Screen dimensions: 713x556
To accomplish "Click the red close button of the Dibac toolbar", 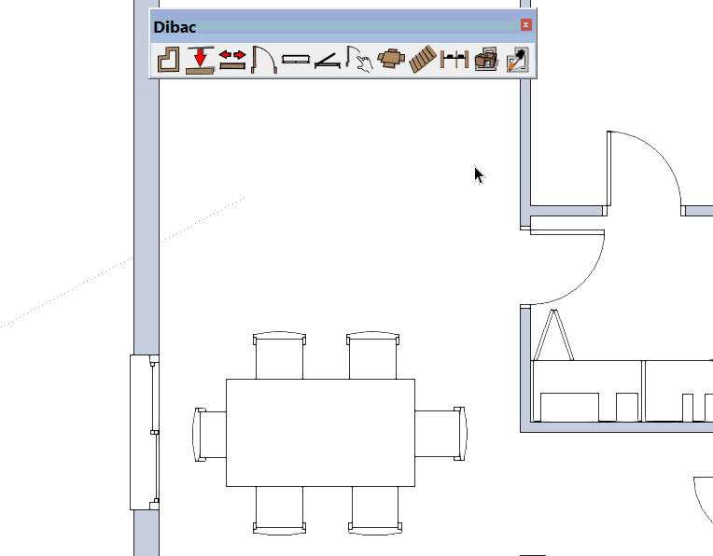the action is pos(525,24).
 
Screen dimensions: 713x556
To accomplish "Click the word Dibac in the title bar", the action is pos(175,27).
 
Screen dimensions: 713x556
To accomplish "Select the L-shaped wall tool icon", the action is pos(168,60).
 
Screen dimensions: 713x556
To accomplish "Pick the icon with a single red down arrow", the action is pos(200,60).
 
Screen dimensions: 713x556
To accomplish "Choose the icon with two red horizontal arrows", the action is pos(232,60).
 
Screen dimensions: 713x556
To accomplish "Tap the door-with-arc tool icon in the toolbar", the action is pos(264,60).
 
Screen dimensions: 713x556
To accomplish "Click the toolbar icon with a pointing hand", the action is pos(359,59).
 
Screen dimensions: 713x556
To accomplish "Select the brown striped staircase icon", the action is pos(423,59).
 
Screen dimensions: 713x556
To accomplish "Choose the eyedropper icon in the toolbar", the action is pos(518,60).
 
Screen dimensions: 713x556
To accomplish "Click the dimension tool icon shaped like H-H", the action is pos(454,60).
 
